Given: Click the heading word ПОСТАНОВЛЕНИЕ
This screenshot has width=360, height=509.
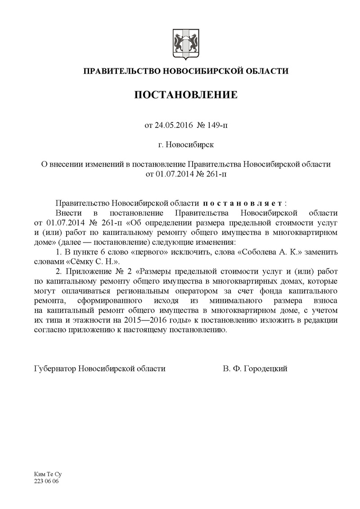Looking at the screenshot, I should point(186,95).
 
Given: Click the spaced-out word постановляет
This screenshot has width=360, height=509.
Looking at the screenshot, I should point(242,203).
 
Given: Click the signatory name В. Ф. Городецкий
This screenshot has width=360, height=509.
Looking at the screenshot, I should point(255,369).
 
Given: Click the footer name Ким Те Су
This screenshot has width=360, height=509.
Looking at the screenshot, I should point(47,475).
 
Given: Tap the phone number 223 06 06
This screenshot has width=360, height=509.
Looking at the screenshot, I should point(46,481).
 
